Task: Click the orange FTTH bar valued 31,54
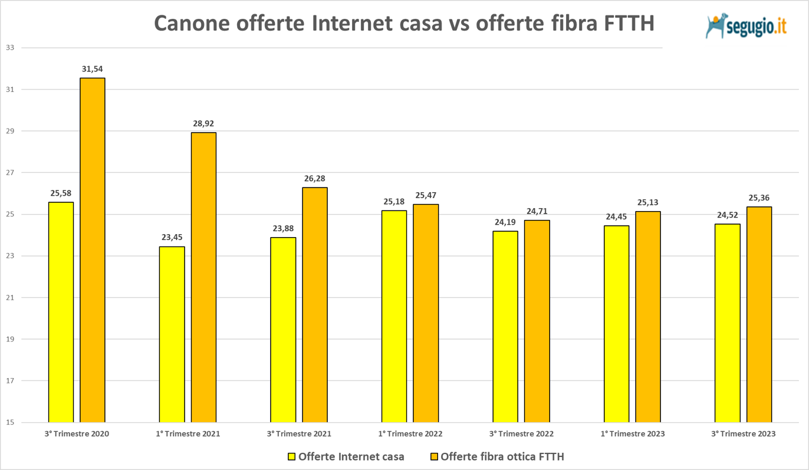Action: (93, 250)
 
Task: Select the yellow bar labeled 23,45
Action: (172, 334)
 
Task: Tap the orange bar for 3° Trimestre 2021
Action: (315, 305)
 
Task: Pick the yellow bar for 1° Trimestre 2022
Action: (394, 316)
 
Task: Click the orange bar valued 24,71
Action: (537, 321)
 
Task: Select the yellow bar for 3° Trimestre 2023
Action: (727, 323)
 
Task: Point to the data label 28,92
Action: (203, 124)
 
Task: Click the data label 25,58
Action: (61, 193)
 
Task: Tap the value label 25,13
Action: (648, 202)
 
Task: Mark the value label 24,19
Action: (505, 222)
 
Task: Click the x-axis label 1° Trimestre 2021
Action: (188, 434)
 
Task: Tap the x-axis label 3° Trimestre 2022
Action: (521, 434)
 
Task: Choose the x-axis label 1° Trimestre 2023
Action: (633, 434)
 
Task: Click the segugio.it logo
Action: (746, 27)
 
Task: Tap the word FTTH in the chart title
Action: (624, 24)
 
